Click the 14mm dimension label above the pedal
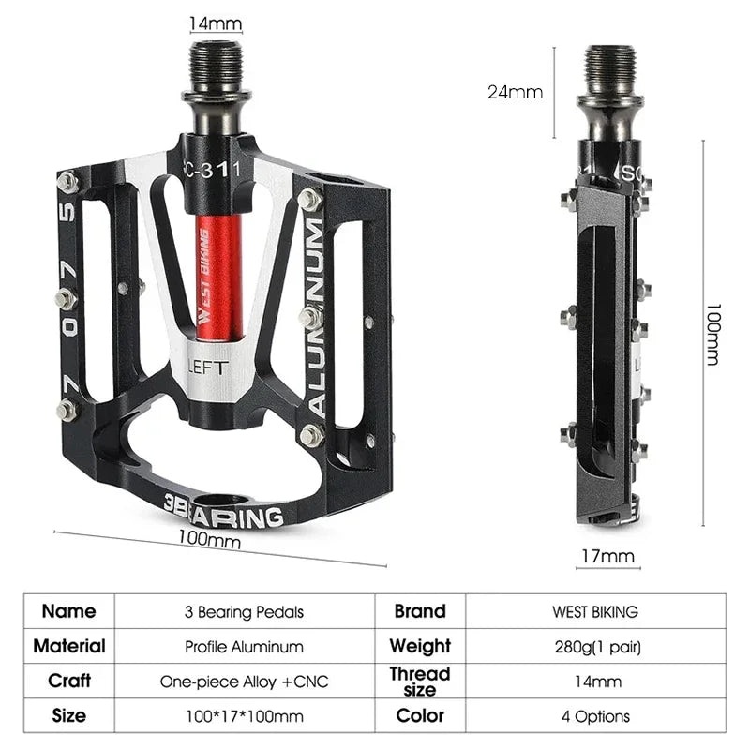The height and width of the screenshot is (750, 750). coord(217,22)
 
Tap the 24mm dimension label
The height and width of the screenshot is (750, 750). coord(515,92)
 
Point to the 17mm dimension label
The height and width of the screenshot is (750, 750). coord(607,556)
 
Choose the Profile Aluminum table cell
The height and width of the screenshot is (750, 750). coord(244,647)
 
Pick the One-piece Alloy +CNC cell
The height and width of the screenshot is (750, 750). coord(244,682)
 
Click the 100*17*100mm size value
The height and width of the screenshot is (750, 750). coord(244,716)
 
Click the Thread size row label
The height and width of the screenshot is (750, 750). coord(419,682)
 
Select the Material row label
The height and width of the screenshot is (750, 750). coord(69,647)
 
